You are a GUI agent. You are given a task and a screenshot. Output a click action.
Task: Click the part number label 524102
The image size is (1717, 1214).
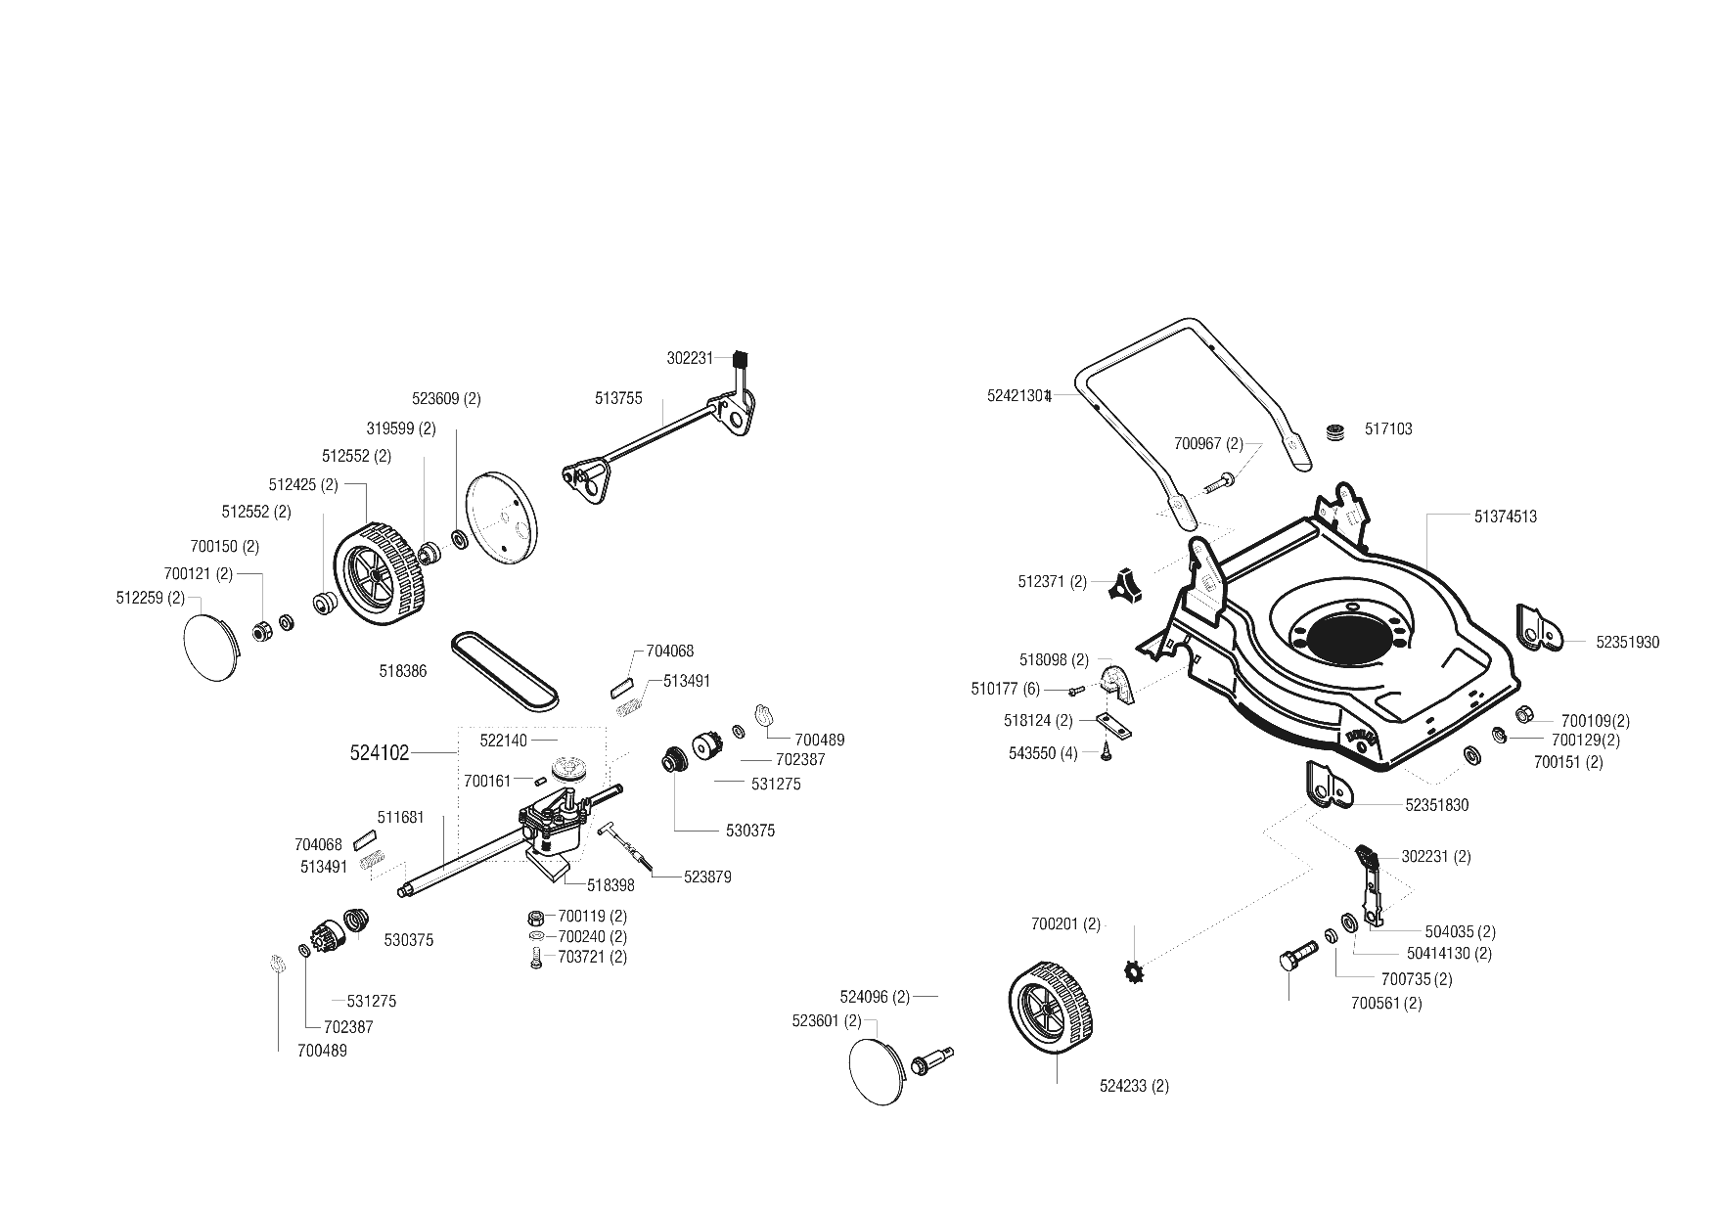click(x=379, y=753)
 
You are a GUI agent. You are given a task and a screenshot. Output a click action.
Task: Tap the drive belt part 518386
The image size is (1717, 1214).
click(x=505, y=671)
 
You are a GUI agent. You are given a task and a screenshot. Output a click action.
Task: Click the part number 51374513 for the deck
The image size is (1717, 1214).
click(x=1505, y=517)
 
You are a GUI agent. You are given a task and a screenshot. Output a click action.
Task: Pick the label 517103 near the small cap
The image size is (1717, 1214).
click(x=1388, y=429)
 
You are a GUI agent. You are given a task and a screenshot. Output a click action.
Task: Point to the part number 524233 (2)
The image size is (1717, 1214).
click(x=1134, y=1086)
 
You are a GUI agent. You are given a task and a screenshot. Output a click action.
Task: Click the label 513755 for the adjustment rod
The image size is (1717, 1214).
click(x=618, y=398)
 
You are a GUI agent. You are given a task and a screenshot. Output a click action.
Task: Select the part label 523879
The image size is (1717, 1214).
click(x=707, y=877)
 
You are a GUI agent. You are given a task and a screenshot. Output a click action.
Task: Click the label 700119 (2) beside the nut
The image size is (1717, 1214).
click(x=592, y=917)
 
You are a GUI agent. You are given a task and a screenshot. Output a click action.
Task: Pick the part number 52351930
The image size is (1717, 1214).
click(x=1628, y=643)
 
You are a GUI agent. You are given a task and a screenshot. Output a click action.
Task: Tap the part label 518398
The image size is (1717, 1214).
click(x=610, y=885)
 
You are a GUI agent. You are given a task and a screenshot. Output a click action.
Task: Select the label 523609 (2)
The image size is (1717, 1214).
click(x=446, y=399)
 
